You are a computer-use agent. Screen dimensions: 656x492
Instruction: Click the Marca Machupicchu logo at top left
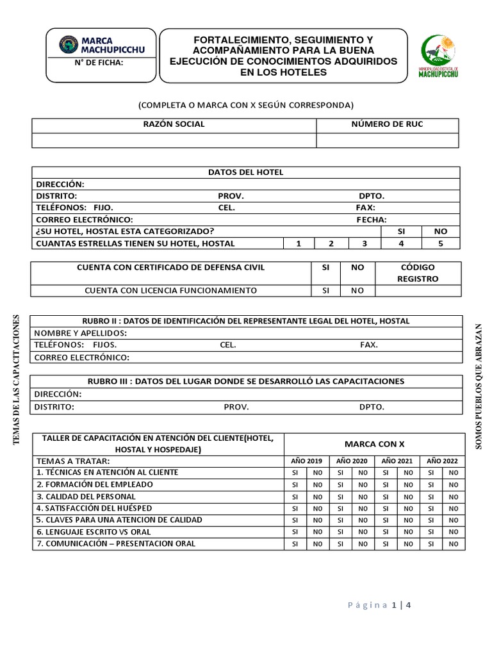102,45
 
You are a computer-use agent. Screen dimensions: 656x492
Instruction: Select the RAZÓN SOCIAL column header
174,124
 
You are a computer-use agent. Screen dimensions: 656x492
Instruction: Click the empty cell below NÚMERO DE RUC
388,140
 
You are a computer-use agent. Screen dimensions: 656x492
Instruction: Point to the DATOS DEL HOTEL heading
245,172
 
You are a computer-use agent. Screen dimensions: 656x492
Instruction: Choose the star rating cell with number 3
365,243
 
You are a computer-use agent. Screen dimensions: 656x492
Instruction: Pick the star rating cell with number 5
440,243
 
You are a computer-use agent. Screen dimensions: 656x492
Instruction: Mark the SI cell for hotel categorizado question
402,231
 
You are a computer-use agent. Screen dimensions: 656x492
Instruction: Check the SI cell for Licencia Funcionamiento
325,291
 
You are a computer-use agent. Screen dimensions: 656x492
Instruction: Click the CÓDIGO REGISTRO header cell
418,273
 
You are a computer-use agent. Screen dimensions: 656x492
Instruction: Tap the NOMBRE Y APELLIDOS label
81,333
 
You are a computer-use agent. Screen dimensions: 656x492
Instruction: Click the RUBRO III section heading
246,381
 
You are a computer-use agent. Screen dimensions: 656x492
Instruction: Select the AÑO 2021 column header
397,461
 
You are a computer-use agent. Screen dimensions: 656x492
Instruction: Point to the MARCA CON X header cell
374,444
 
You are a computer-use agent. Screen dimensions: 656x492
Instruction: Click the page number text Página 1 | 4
379,605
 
